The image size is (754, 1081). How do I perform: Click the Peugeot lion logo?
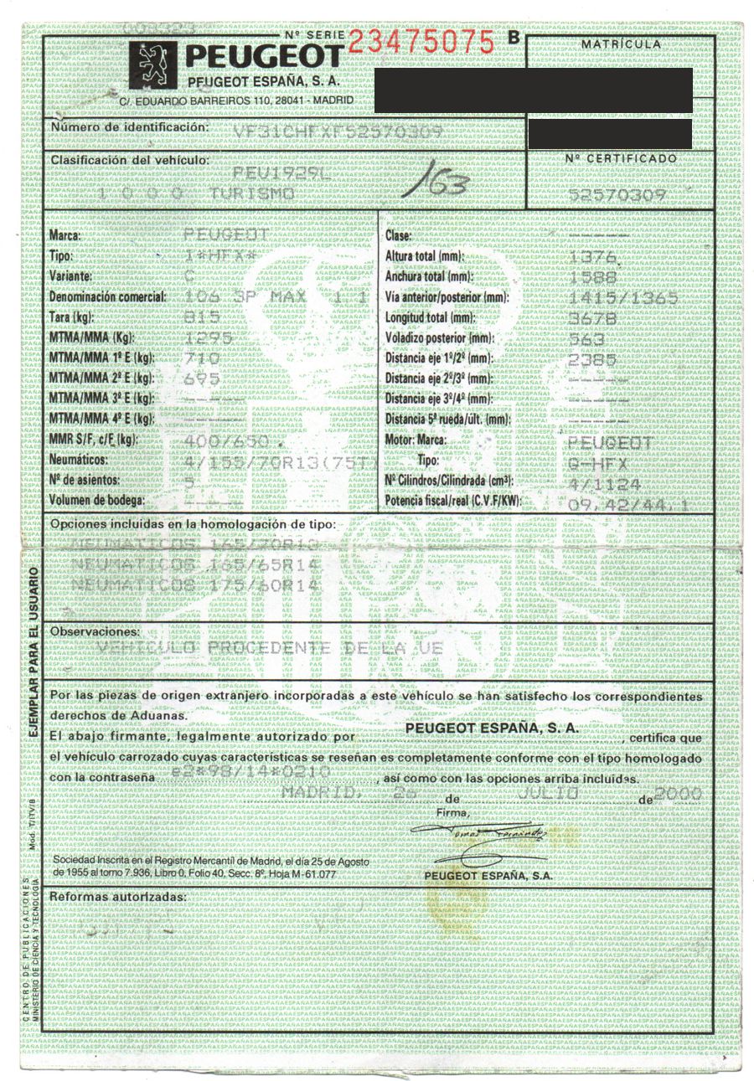pos(153,63)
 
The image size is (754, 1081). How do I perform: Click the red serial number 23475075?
pos(420,41)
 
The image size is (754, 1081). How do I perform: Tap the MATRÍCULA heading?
pos(620,44)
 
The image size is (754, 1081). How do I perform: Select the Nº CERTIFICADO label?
pos(620,157)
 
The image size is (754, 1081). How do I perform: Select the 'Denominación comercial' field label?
pos(108,296)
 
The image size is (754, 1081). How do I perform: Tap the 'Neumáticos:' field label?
pos(78,460)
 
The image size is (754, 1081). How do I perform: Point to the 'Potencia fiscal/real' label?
pos(452,501)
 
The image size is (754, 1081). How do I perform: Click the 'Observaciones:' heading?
pos(95,631)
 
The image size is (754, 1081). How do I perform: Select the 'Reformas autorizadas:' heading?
pos(117,897)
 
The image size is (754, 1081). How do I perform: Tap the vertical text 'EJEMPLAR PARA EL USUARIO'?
pos(34,652)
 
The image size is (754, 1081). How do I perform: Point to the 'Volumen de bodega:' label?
pos(96,501)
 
